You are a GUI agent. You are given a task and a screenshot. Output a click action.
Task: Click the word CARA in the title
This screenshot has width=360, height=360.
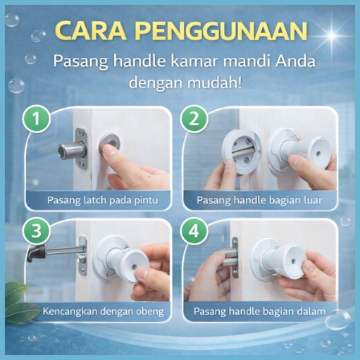tap(93, 31)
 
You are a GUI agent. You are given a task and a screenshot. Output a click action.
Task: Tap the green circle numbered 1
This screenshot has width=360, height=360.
tap(37, 119)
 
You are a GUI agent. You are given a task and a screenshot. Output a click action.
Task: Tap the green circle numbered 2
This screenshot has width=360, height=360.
tap(194, 119)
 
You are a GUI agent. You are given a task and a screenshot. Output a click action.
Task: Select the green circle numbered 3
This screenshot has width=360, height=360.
tap(37, 230)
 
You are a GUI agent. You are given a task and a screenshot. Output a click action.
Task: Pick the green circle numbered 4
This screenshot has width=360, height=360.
tap(194, 230)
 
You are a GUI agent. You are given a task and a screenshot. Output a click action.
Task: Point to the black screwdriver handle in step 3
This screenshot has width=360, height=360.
tap(37, 253)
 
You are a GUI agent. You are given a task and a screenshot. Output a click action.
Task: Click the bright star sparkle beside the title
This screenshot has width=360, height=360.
tap(331, 36)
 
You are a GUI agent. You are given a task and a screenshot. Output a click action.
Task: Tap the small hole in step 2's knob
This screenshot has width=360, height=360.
tap(318, 154)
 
